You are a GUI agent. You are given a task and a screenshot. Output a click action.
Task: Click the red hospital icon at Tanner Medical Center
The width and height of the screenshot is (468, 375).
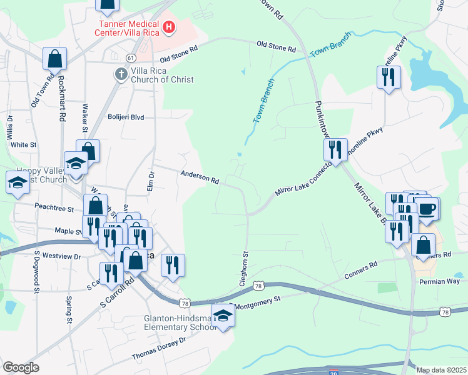click(x=168, y=27)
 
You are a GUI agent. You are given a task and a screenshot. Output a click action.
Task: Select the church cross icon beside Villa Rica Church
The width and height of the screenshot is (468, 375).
click(x=121, y=74)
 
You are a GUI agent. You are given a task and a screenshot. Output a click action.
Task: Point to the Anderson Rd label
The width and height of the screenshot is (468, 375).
click(x=200, y=178)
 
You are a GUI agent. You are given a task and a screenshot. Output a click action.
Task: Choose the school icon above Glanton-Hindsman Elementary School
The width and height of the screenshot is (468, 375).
click(x=222, y=315)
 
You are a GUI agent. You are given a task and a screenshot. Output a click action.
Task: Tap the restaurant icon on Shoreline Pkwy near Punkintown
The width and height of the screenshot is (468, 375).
click(x=335, y=150)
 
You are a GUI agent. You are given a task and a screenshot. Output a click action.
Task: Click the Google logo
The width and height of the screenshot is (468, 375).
click(x=21, y=367)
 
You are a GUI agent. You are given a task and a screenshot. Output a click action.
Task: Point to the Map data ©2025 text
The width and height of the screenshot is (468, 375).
click(x=441, y=370)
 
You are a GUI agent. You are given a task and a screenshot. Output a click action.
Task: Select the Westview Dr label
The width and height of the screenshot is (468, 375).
click(x=61, y=256)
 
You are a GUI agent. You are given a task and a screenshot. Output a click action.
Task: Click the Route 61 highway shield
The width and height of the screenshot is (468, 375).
click(x=130, y=57)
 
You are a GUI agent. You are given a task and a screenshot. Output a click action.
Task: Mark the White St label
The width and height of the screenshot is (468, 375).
click(x=24, y=144)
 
